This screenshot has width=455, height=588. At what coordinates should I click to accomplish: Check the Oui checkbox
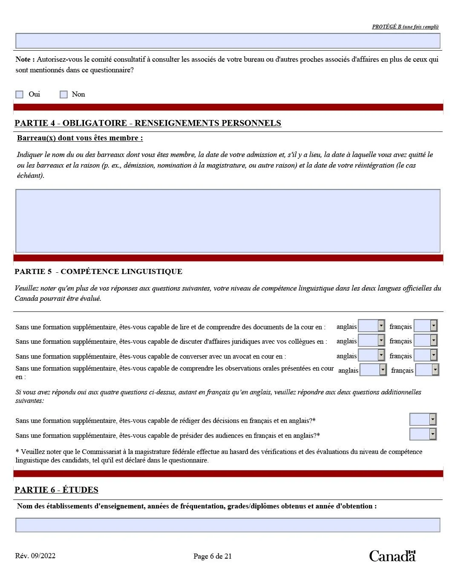pyautogui.click(x=20, y=94)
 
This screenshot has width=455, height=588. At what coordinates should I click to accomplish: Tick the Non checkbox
pyautogui.click(x=63, y=94)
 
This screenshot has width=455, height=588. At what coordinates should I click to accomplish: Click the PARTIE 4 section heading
pyautogui.click(x=147, y=123)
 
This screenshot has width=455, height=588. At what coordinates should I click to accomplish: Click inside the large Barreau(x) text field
pyautogui.click(x=227, y=221)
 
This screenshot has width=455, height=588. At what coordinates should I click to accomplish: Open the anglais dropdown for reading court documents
pyautogui.click(x=371, y=326)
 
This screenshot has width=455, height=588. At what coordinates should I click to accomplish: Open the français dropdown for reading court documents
pyautogui.click(x=426, y=326)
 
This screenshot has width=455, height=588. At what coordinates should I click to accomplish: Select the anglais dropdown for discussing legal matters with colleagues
pyautogui.click(x=371, y=340)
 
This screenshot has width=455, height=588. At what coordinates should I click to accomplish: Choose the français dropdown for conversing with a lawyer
pyautogui.click(x=426, y=355)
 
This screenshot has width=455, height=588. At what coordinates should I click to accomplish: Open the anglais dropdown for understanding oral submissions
pyautogui.click(x=373, y=370)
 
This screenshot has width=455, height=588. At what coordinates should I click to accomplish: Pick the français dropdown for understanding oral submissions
pyautogui.click(x=427, y=370)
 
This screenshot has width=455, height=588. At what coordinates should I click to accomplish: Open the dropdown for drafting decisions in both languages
pyautogui.click(x=423, y=420)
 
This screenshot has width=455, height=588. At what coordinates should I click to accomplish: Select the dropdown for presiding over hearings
pyautogui.click(x=423, y=434)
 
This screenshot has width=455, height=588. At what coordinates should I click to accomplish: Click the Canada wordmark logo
pyautogui.click(x=392, y=556)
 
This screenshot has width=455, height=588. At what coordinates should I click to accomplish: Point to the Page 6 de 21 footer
pyautogui.click(x=213, y=556)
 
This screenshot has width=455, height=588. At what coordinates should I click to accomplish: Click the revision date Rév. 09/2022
pyautogui.click(x=35, y=556)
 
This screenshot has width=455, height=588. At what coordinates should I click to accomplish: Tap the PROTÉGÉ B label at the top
pyautogui.click(x=405, y=26)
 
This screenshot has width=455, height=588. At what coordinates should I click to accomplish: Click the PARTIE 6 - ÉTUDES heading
pyautogui.click(x=56, y=490)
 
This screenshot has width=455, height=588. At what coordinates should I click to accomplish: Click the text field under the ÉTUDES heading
pyautogui.click(x=227, y=525)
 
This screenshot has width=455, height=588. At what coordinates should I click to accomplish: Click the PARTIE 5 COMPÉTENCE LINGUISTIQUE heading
pyautogui.click(x=98, y=271)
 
